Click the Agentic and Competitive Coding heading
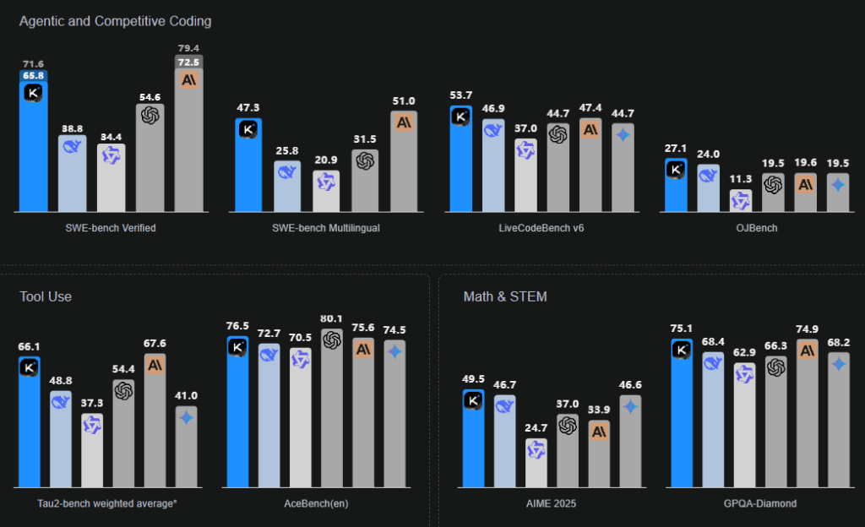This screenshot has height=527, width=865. coord(115,20)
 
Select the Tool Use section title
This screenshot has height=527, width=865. coord(46,296)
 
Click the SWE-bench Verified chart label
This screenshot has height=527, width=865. coord(111,228)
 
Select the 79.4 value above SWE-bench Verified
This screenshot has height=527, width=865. coord(188,47)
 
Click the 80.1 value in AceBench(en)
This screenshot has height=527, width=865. coord(332,318)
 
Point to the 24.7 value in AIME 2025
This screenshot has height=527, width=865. coord(536,429)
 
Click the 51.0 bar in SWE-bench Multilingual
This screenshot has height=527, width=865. coord(404,160)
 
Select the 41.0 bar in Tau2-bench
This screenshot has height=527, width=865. coord(187,448)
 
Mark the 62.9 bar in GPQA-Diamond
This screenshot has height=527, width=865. coord(744,426)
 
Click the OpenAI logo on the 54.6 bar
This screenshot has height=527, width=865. coord(150,115)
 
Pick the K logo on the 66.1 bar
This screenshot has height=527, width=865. coord(30,367)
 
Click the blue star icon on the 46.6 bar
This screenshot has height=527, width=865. coord(630,407)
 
